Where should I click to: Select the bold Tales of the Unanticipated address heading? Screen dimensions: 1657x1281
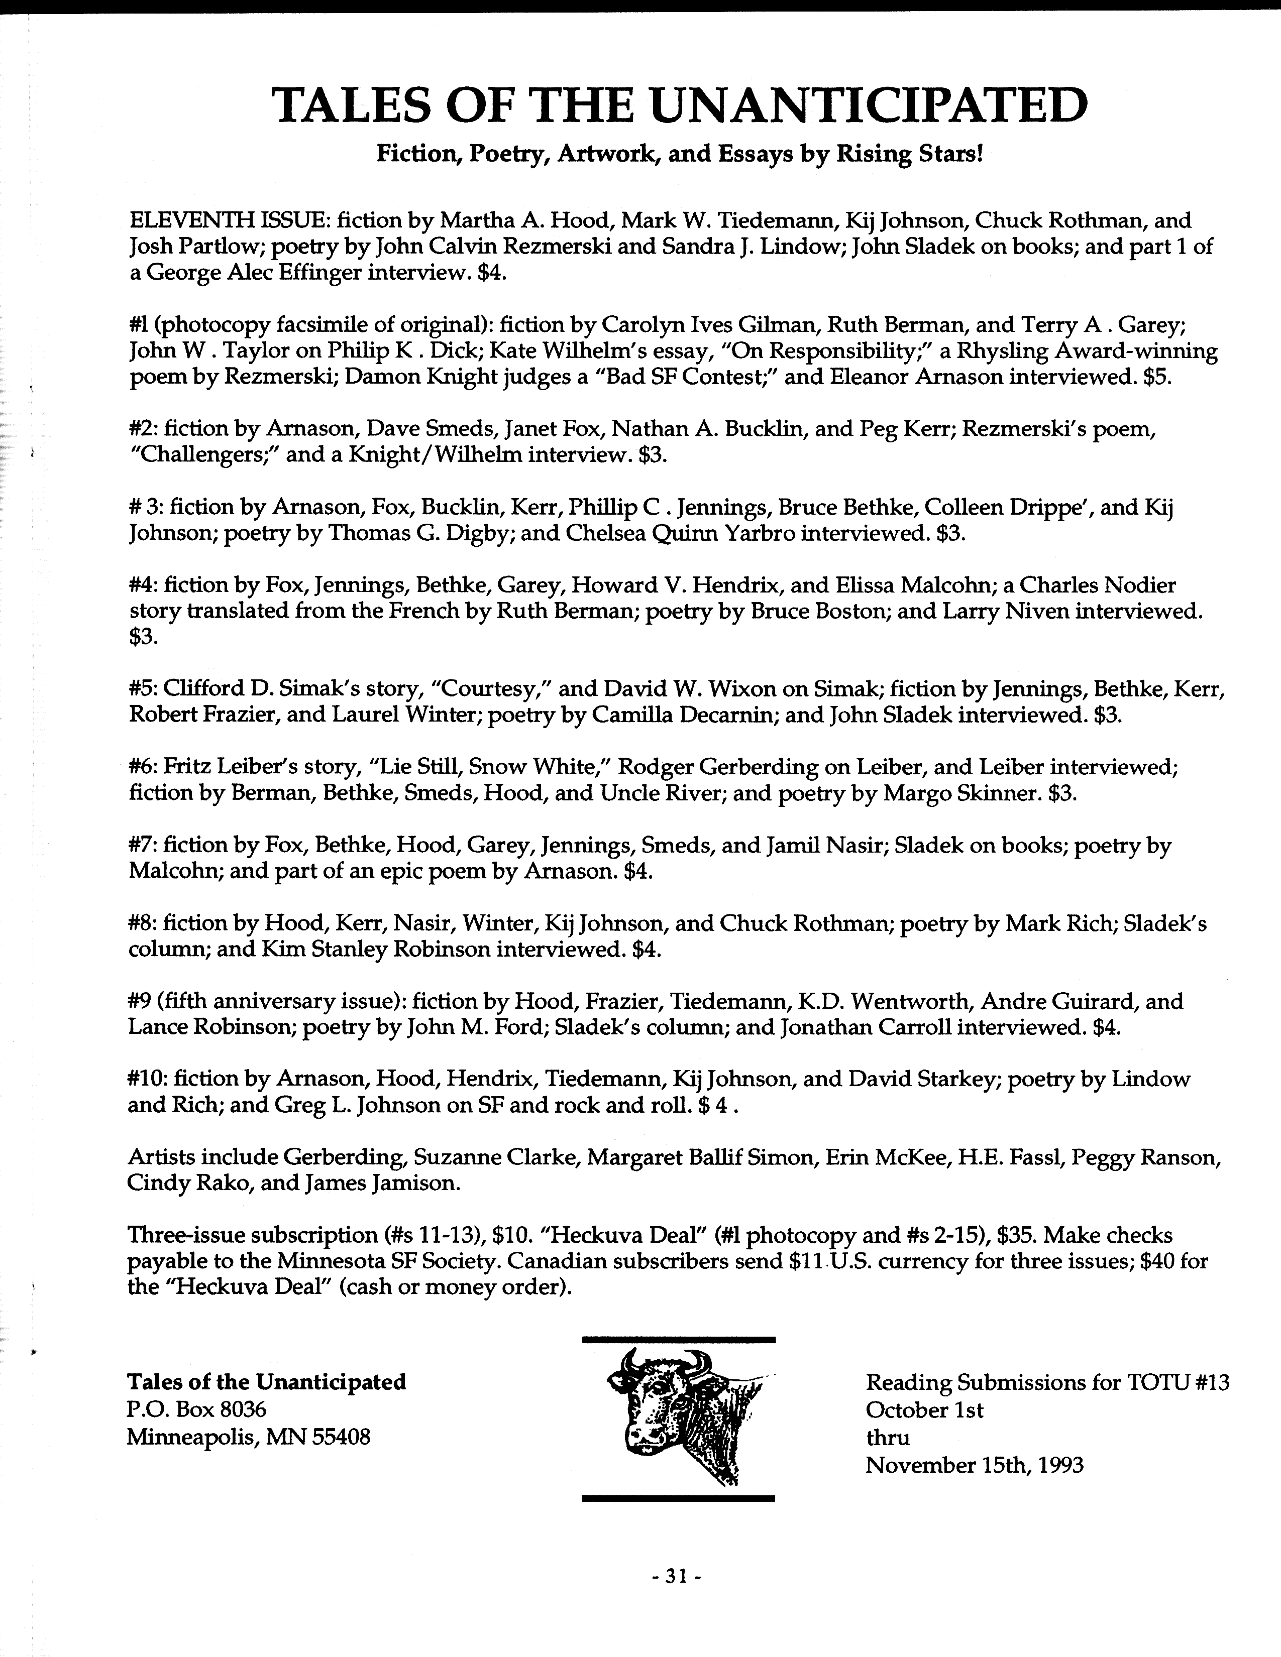point(267,1382)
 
